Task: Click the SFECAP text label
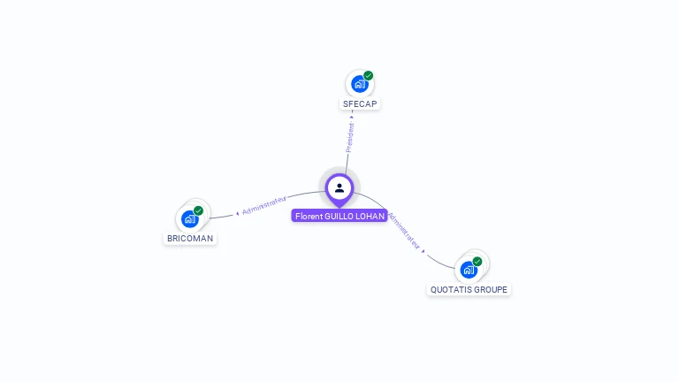click(x=359, y=103)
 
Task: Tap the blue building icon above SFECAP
click(x=358, y=84)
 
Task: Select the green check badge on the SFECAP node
click(x=369, y=76)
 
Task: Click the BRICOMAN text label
click(x=190, y=238)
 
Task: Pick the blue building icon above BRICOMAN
click(x=189, y=218)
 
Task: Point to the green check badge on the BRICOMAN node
click(x=199, y=210)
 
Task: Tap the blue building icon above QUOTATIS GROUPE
click(x=469, y=269)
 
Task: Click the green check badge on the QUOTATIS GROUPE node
click(x=477, y=261)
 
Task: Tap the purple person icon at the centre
click(x=339, y=188)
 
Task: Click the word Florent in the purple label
click(x=309, y=215)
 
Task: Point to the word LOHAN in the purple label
click(x=371, y=215)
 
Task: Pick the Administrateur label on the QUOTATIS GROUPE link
click(x=404, y=231)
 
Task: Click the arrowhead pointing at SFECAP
click(x=352, y=116)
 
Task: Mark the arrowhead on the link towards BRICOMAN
click(x=237, y=213)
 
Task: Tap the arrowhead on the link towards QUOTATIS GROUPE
click(x=423, y=251)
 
